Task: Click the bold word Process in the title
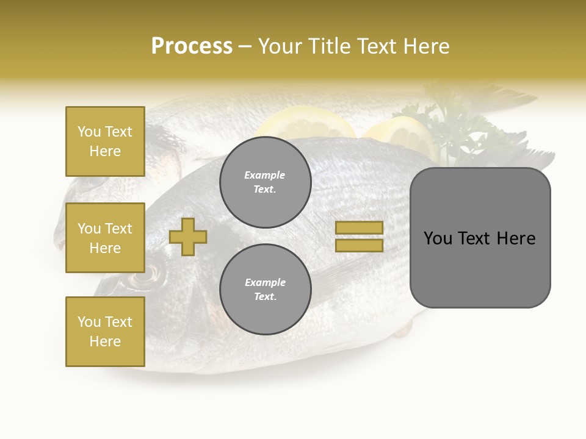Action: pyautogui.click(x=192, y=46)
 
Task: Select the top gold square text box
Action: pyautogui.click(x=105, y=141)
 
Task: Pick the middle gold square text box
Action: pyautogui.click(x=105, y=238)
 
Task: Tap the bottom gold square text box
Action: pyautogui.click(x=105, y=332)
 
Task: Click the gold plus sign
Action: pyautogui.click(x=188, y=237)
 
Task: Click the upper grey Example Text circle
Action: pyautogui.click(x=265, y=182)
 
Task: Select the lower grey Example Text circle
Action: pyautogui.click(x=265, y=290)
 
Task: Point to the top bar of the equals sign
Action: pyautogui.click(x=359, y=228)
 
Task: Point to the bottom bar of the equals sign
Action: pyautogui.click(x=359, y=245)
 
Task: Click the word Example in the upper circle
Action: pyautogui.click(x=265, y=175)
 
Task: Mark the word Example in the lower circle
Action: pyautogui.click(x=265, y=282)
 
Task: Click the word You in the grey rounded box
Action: pyautogui.click(x=438, y=238)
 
